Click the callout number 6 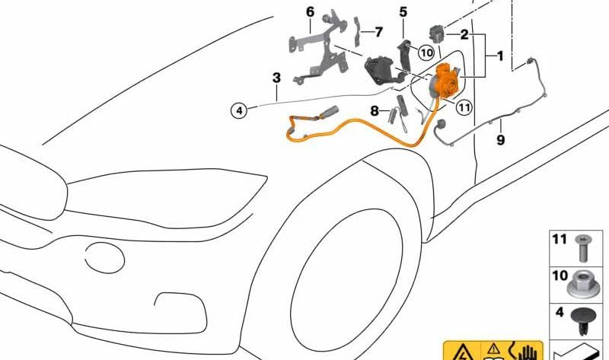pyautogui.click(x=310, y=12)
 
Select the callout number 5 pyautogui.click(x=403, y=12)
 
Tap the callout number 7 pyautogui.click(x=378, y=32)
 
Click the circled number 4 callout pyautogui.click(x=239, y=110)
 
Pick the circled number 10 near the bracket pyautogui.click(x=426, y=53)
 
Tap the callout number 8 pyautogui.click(x=375, y=111)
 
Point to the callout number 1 pyautogui.click(x=500, y=56)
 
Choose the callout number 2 pyautogui.click(x=464, y=35)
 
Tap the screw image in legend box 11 pyautogui.click(x=583, y=246)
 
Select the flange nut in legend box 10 pyautogui.click(x=583, y=283)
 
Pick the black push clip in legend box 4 pyautogui.click(x=583, y=318)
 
